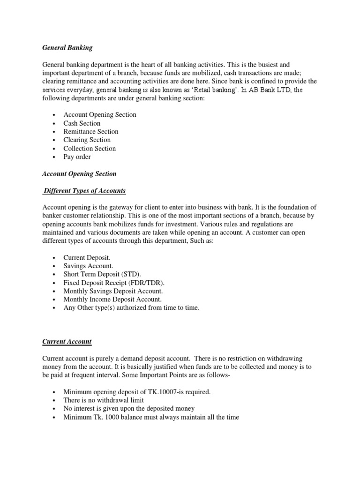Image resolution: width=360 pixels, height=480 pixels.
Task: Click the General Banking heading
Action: pos(67,47)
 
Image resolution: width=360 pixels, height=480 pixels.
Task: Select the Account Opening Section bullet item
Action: pos(100,115)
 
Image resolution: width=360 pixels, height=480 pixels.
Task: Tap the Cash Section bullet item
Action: pos(82,123)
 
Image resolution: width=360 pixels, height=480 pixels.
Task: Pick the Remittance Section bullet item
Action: pos(91,132)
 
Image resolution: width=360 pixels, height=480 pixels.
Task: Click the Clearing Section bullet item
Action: pos(87,140)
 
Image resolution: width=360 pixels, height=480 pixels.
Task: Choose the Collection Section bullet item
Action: pos(90,149)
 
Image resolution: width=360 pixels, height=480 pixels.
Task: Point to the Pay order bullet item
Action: pos(77,157)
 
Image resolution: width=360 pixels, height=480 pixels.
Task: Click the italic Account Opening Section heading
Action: pos(79,174)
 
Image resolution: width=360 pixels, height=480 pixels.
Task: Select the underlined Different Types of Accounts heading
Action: pos(85,191)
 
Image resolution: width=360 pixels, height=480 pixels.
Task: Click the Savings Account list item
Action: pos(88,266)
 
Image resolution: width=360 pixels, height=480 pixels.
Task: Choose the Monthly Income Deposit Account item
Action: pos(112,300)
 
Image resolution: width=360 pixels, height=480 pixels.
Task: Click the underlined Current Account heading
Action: pos(67,342)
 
